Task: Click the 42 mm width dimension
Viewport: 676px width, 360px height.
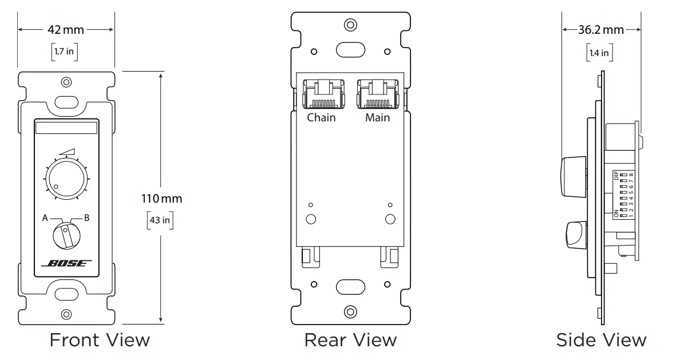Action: pyautogui.click(x=66, y=29)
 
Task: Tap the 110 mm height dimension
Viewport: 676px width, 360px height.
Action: pyautogui.click(x=162, y=199)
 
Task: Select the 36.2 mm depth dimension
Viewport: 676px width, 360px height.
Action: pyautogui.click(x=600, y=29)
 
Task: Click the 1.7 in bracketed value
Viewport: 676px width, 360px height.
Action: pyautogui.click(x=64, y=52)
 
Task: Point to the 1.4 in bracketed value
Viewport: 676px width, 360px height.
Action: pyautogui.click(x=599, y=53)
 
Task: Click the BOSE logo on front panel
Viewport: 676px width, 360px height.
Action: pyautogui.click(x=66, y=263)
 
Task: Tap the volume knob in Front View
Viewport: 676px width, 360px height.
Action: pyautogui.click(x=66, y=178)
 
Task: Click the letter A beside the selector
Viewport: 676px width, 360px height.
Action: pyautogui.click(x=45, y=217)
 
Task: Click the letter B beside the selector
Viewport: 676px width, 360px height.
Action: pyautogui.click(x=87, y=217)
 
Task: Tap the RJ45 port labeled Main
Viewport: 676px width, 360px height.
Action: pyautogui.click(x=377, y=94)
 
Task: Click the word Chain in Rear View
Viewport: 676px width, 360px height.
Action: pyautogui.click(x=321, y=118)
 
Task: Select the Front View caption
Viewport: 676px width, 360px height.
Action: pyautogui.click(x=100, y=340)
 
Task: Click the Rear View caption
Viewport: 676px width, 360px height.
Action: pyautogui.click(x=350, y=340)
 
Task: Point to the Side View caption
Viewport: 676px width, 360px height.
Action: pyautogui.click(x=601, y=340)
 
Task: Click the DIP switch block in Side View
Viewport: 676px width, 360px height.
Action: pyautogui.click(x=623, y=195)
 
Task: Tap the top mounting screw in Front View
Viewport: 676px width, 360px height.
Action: pyautogui.click(x=66, y=82)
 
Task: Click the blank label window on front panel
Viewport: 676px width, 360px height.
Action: pyautogui.click(x=66, y=128)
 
